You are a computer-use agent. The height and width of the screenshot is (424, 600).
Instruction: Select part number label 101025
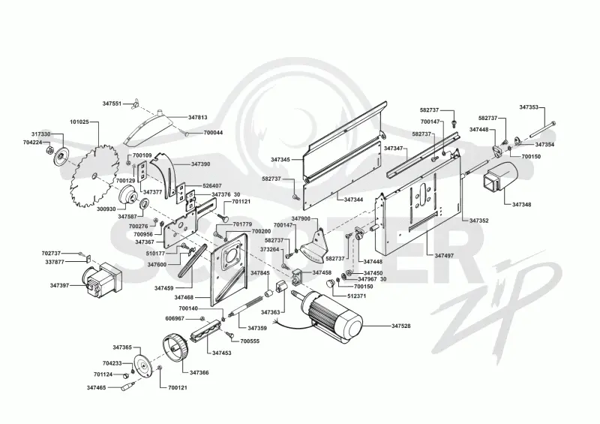79,122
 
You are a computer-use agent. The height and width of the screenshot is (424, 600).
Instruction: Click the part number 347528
401,326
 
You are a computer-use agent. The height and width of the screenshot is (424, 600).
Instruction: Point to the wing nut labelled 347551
136,104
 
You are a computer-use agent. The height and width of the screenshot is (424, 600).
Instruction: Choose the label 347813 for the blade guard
198,117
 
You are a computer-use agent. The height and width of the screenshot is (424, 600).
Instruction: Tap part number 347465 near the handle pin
97,388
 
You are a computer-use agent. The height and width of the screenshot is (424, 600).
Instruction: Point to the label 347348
521,205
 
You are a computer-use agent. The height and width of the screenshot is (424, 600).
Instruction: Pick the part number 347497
444,255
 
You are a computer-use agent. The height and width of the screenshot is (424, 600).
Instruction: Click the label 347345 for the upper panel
280,159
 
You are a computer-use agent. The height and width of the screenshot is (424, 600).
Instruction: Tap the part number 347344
353,200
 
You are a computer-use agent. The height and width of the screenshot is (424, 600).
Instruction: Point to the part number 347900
301,218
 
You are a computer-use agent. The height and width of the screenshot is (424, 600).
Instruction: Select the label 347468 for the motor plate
184,297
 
